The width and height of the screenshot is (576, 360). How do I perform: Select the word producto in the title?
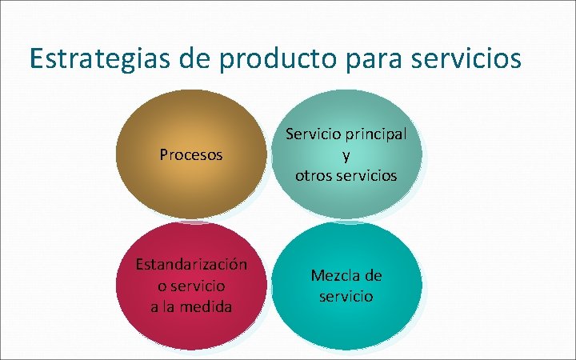[278, 59]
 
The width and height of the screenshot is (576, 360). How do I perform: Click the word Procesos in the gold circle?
[191, 154]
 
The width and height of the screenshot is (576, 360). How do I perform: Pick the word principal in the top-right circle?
[375, 134]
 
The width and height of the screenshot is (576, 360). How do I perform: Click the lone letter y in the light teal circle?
[346, 155]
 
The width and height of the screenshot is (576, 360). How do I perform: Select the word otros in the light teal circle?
[313, 175]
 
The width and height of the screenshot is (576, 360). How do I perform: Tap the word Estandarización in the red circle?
[191, 264]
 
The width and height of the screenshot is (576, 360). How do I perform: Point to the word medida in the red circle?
[207, 306]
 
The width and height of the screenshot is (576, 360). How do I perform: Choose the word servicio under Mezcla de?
[346, 296]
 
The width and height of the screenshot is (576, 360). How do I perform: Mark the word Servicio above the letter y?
[315, 134]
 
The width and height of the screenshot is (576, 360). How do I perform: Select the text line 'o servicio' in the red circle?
[191, 285]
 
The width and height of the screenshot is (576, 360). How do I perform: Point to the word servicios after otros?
[366, 175]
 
